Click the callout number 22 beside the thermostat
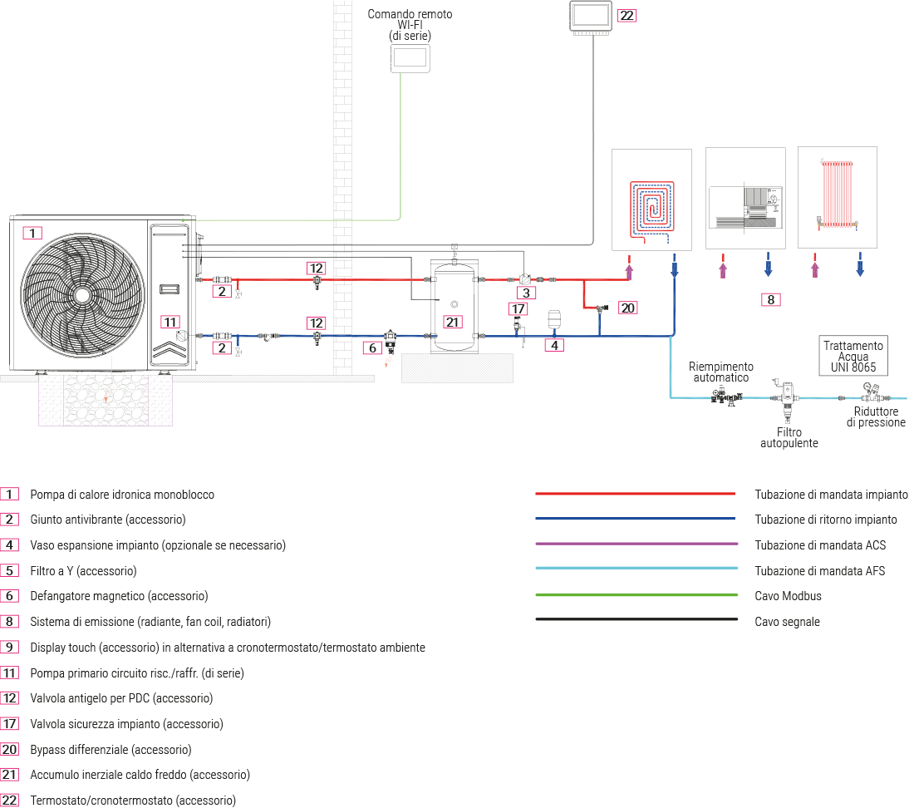[x=627, y=16]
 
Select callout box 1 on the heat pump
[x=32, y=233]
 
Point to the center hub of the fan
[x=81, y=295]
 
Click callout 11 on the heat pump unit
[x=170, y=322]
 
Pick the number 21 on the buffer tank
[x=452, y=322]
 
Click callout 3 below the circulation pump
[x=525, y=293]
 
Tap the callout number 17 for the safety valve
[x=518, y=308]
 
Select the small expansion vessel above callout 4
[x=555, y=321]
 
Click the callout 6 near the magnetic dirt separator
[x=372, y=347]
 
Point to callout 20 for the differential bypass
[x=627, y=308]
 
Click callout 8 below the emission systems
[x=771, y=299]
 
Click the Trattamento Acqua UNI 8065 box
[x=854, y=356]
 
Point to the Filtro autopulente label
[x=789, y=438]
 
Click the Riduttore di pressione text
[x=876, y=416]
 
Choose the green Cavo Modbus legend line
[x=636, y=595]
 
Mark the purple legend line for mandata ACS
[x=636, y=544]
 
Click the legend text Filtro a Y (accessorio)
[x=83, y=571]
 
